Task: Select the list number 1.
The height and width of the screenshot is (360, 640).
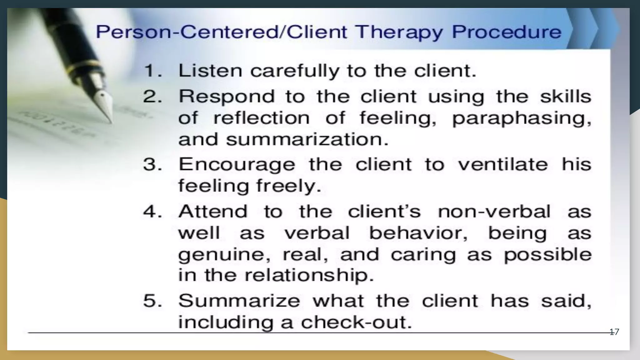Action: [152, 71]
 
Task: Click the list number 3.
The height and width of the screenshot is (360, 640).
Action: [152, 164]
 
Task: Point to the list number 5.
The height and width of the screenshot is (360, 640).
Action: [152, 301]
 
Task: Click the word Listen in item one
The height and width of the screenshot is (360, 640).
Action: [210, 71]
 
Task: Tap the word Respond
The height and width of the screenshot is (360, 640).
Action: [227, 97]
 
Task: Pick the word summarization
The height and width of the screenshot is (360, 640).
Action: [307, 139]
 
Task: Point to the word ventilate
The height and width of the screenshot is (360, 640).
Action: [503, 164]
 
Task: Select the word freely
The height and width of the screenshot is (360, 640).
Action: [288, 186]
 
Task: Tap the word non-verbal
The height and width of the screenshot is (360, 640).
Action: [494, 212]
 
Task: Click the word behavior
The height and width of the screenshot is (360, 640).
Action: [418, 233]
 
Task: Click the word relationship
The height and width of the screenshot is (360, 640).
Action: [309, 276]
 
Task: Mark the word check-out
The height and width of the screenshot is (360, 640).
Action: [356, 322]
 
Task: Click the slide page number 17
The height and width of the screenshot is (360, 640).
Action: [614, 332]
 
